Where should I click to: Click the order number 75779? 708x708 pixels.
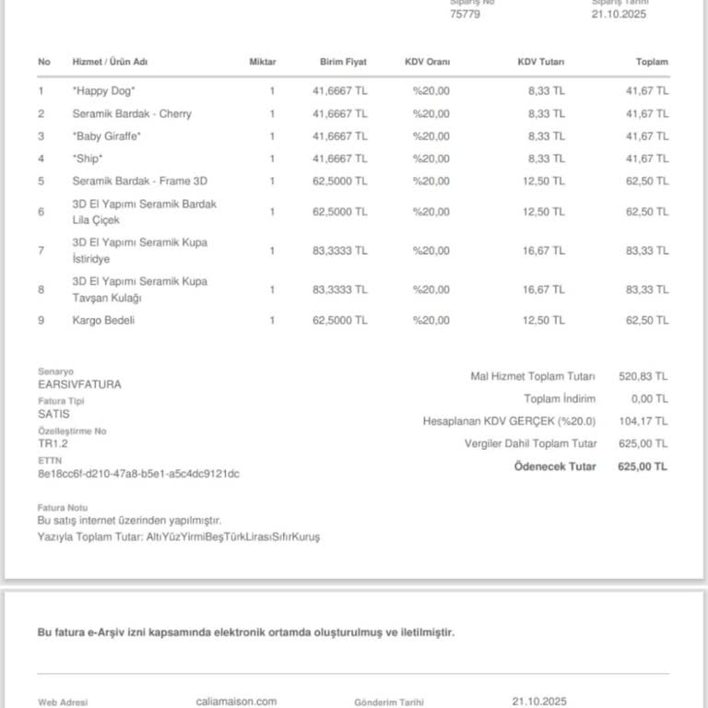coord(465,14)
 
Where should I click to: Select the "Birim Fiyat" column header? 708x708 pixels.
coord(343,62)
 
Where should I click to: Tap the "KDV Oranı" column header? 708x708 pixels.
coord(427,62)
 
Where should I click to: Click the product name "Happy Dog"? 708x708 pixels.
coord(104,91)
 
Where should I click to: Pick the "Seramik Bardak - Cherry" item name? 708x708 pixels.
coord(132,113)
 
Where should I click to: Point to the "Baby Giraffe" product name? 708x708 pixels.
coord(107,136)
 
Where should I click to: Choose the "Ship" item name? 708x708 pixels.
coord(88,159)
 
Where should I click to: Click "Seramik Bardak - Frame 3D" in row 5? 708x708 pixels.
coord(139,181)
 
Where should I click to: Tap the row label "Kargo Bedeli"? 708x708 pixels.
coord(103,320)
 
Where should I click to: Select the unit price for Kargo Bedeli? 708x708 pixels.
coord(339,320)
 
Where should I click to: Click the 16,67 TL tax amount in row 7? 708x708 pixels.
coord(544,251)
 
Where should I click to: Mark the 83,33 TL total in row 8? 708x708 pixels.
coord(647,289)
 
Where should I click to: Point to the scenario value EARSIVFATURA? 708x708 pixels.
coord(79,383)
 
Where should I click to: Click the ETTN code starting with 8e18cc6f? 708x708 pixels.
coord(138,474)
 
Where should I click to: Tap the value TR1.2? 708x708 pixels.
coord(53,443)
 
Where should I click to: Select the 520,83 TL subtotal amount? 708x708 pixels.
coord(643,376)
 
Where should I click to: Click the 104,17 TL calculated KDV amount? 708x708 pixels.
coord(643,421)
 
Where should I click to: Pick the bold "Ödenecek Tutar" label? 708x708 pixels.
coord(555,466)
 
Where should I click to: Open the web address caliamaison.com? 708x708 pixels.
coord(237,702)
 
